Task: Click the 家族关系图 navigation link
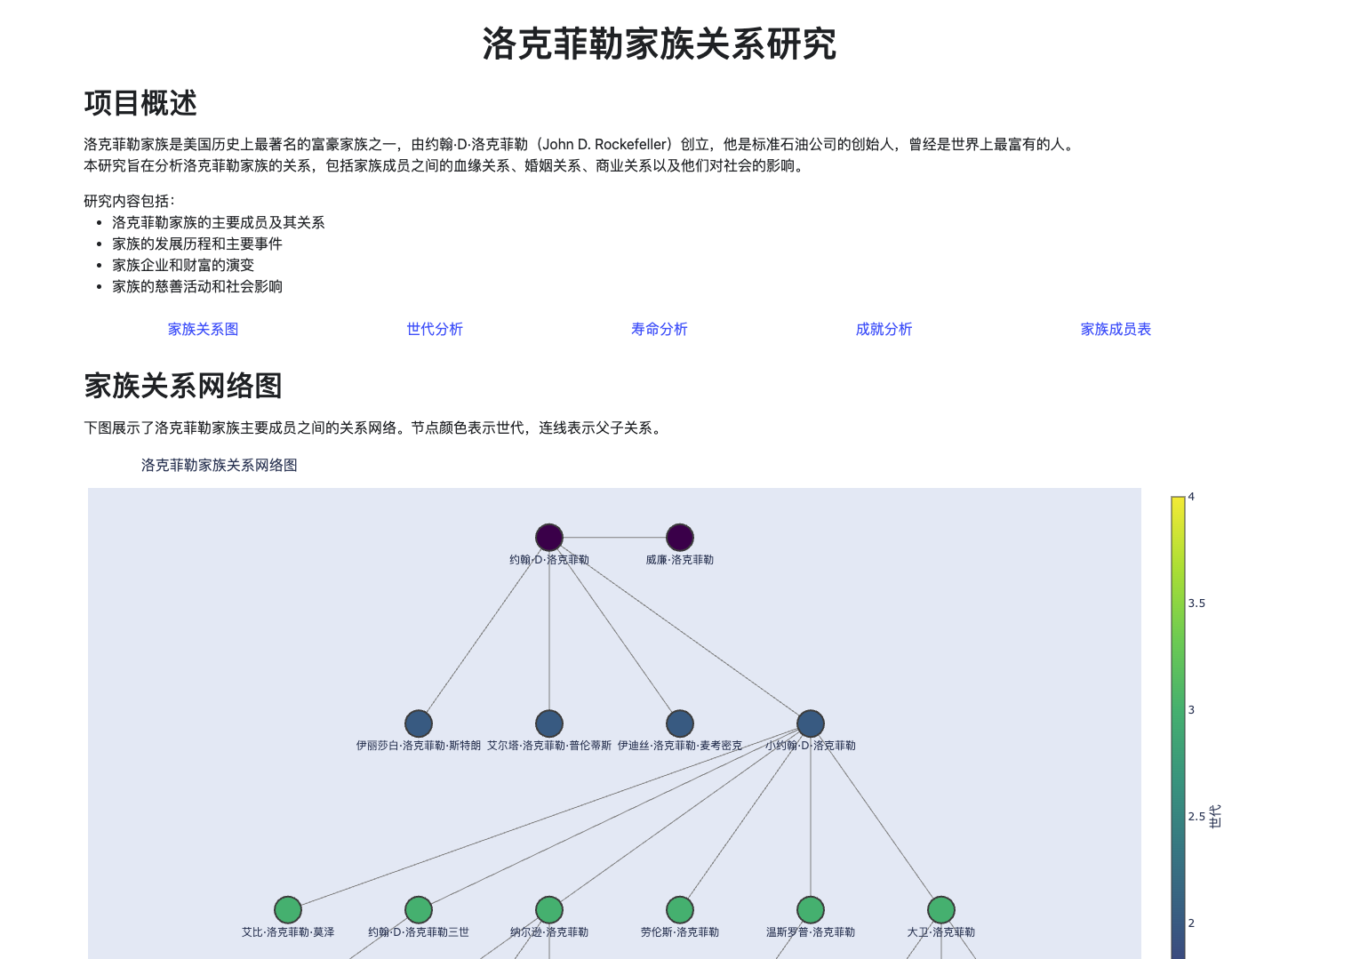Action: click(x=203, y=329)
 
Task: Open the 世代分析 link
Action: click(x=435, y=329)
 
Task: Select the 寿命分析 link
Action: click(x=659, y=329)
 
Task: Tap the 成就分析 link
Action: click(x=884, y=329)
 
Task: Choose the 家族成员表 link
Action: click(x=1115, y=329)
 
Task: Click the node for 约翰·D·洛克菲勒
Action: click(x=549, y=538)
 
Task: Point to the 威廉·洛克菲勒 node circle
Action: click(x=680, y=538)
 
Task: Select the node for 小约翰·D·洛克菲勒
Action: click(x=811, y=723)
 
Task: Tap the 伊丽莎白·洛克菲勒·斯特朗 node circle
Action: click(x=419, y=723)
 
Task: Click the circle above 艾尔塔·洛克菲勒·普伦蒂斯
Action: click(x=549, y=723)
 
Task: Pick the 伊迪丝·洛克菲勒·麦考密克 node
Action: click(x=680, y=723)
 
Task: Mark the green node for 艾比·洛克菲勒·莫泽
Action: click(x=288, y=910)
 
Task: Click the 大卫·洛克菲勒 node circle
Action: click(x=941, y=910)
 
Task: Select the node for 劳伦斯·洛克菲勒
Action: click(x=680, y=910)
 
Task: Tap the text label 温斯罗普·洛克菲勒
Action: click(x=811, y=932)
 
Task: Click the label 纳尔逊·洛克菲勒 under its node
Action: click(x=549, y=932)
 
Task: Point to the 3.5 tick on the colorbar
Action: click(x=1196, y=603)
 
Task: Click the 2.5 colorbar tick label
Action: click(x=1196, y=817)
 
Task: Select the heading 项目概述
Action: click(x=140, y=103)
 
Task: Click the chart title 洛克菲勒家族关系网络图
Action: click(x=219, y=465)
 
